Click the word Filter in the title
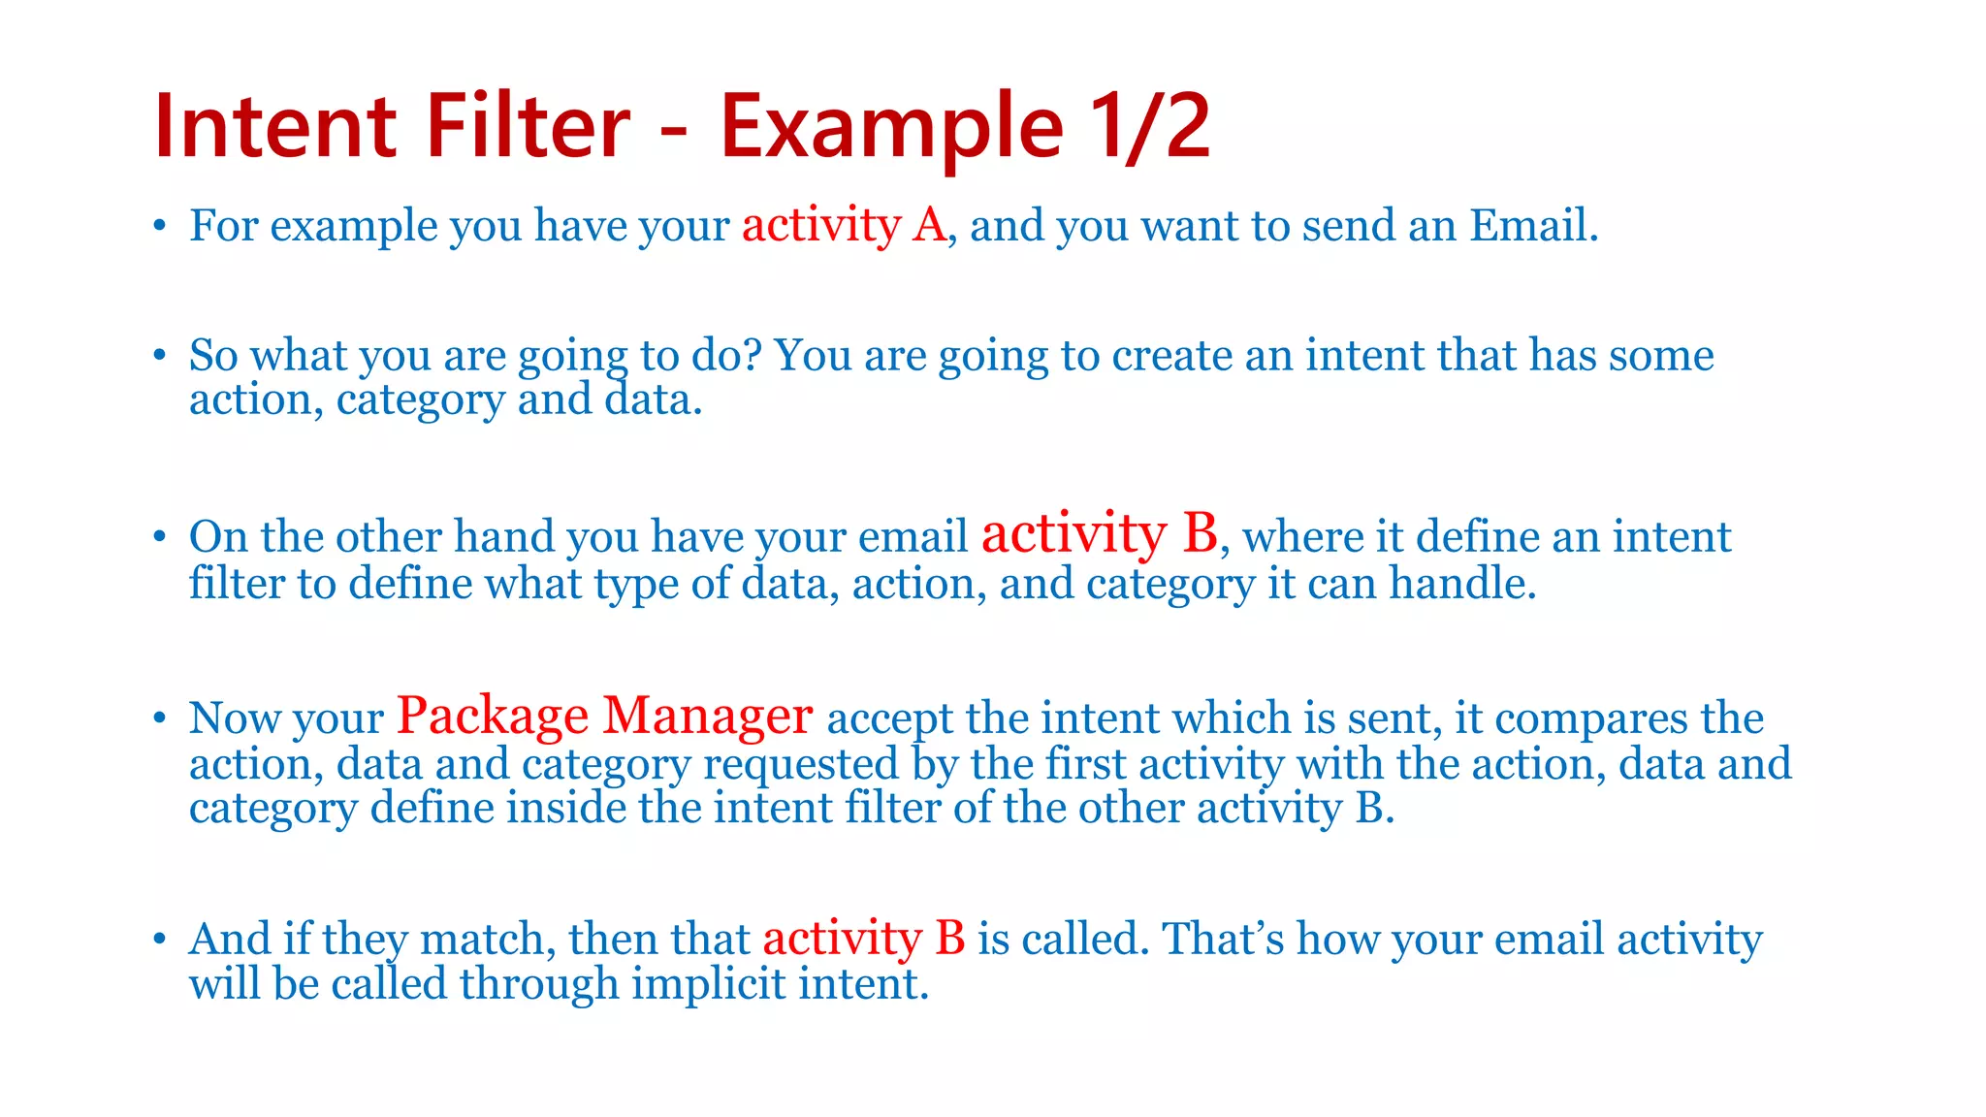pos(529,126)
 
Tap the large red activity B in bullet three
pos(1099,533)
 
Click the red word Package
pos(493,716)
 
